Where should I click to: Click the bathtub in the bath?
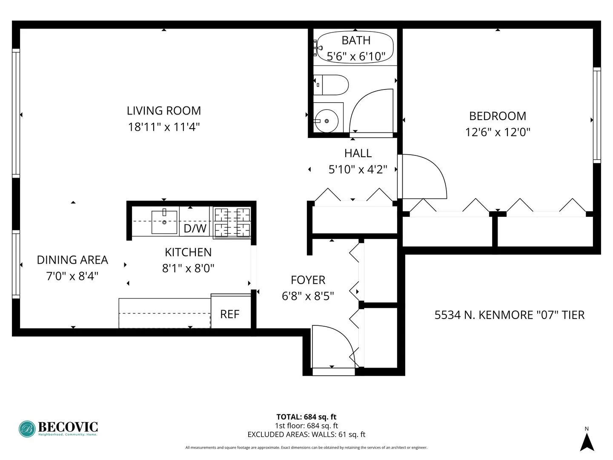(355, 47)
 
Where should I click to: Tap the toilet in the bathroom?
(332, 85)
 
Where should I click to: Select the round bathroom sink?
(327, 121)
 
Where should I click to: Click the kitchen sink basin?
(164, 222)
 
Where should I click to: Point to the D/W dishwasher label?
(195, 228)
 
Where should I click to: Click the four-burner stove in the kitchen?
(232, 222)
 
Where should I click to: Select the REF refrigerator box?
(230, 314)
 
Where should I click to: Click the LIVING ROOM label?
(164, 111)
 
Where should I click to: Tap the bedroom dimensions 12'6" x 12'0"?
(498, 132)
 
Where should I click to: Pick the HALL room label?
(358, 153)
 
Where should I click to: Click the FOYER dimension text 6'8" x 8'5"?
(308, 296)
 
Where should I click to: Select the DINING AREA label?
(72, 260)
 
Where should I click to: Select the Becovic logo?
(58, 428)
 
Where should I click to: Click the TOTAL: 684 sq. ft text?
(306, 417)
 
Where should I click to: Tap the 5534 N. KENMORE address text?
(509, 315)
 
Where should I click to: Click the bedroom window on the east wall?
(597, 115)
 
